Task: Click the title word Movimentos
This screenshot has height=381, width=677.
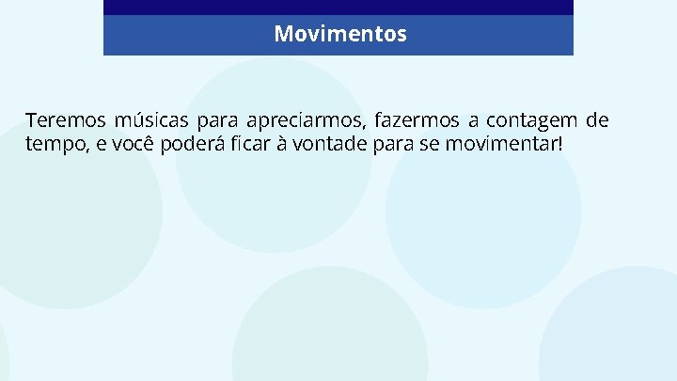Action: coord(340,35)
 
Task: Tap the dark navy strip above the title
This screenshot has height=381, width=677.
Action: coord(338,7)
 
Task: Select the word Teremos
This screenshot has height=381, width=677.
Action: coord(65,121)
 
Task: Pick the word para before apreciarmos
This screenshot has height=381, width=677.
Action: coord(217,121)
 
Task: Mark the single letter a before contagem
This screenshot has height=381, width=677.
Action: coord(475,122)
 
